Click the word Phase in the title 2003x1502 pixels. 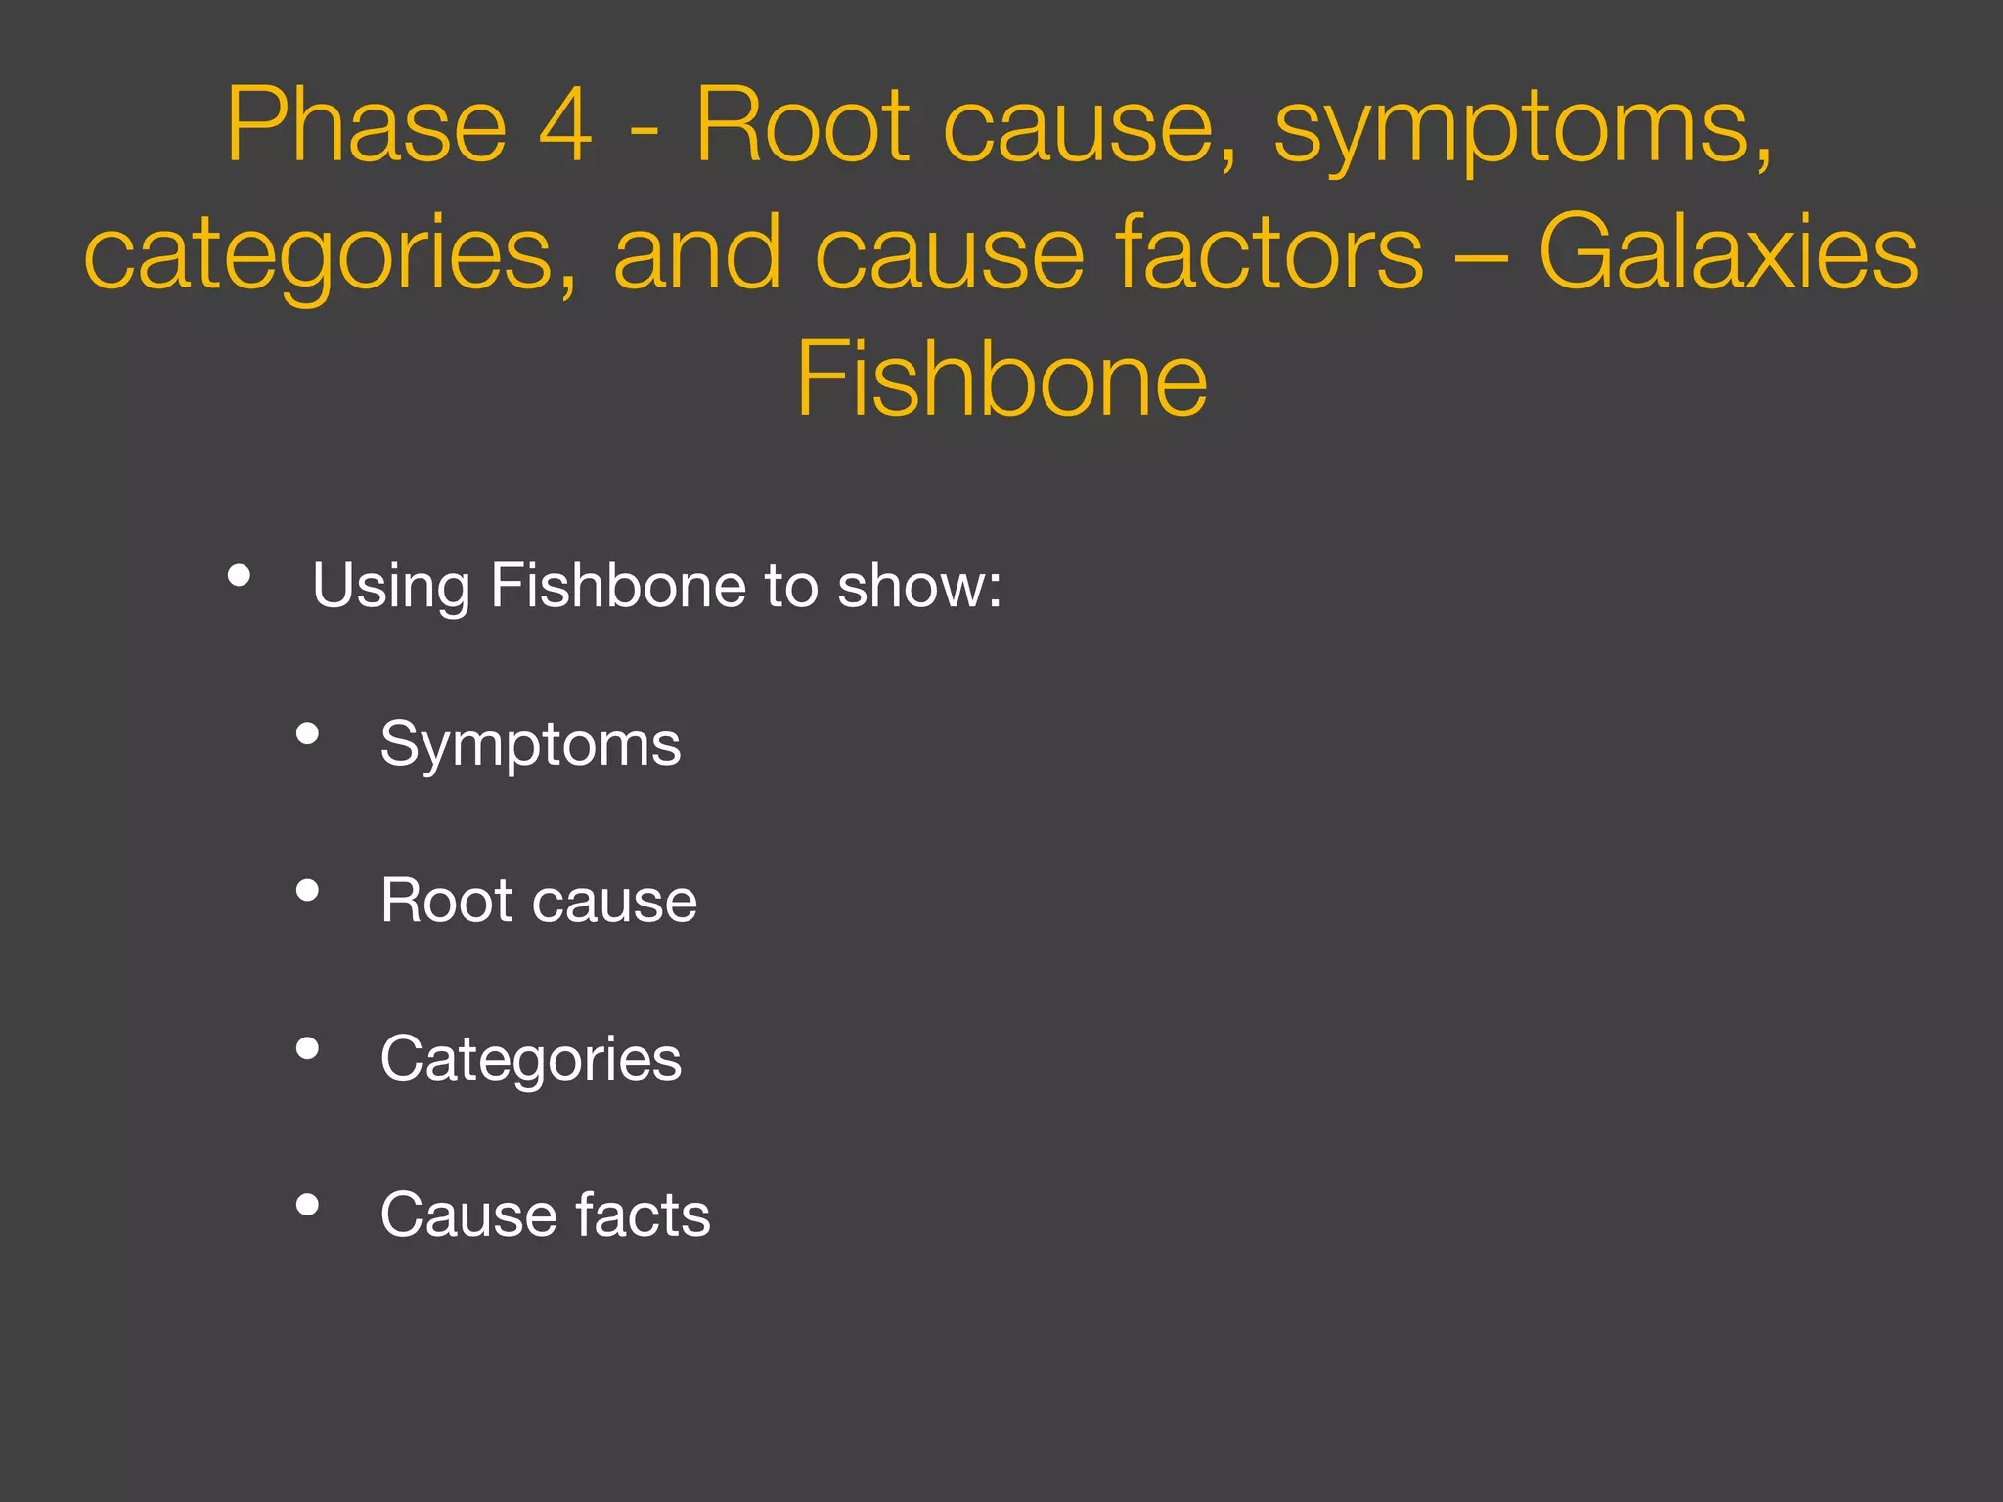(x=366, y=126)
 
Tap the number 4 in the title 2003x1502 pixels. (x=566, y=126)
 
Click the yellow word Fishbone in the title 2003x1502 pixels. (x=1001, y=380)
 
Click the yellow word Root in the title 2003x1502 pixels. (x=802, y=126)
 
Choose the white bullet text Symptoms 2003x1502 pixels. (x=530, y=745)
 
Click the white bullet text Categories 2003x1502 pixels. (x=530, y=1060)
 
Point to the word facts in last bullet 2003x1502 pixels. (x=643, y=1215)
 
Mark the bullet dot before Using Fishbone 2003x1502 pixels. (x=239, y=576)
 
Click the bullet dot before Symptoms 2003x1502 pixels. (x=307, y=733)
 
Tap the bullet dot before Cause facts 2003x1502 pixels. (x=307, y=1205)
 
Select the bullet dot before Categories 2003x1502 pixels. (x=307, y=1048)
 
